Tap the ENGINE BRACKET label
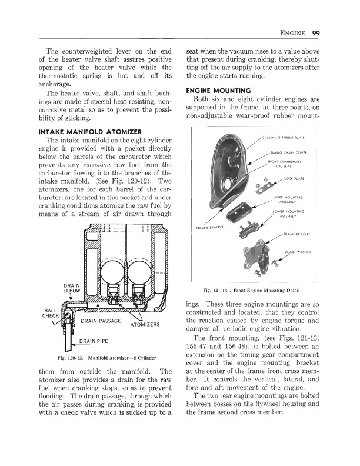pyautogui.click(x=208, y=228)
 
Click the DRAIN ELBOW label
pyautogui.click(x=71, y=288)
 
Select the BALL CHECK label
pyautogui.click(x=51, y=313)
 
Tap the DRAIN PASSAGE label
pyautogui.click(x=101, y=321)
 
